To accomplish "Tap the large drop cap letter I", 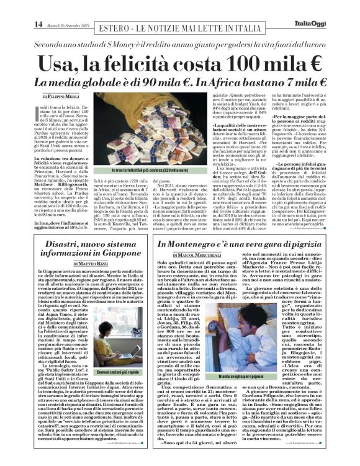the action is pos(36,113).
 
